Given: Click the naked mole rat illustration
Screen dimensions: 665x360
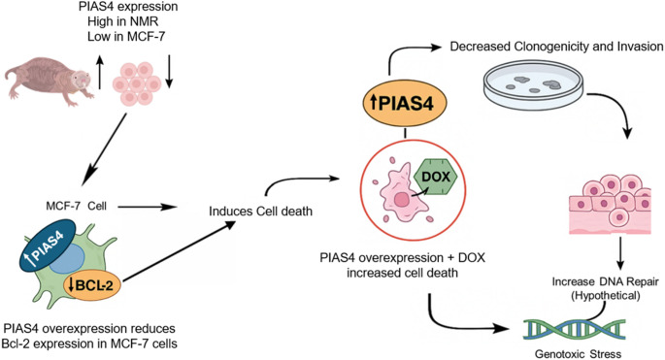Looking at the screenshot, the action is click(49, 81).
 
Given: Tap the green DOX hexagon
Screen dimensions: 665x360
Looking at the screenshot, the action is click(436, 177).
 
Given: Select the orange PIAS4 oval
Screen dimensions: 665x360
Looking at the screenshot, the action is click(405, 104).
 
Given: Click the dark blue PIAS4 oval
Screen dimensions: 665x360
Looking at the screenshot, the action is click(48, 245).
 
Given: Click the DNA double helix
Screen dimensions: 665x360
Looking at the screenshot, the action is click(574, 331).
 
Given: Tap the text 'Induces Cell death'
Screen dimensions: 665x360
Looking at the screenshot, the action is click(260, 211).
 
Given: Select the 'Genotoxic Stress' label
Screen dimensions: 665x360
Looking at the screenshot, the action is click(578, 353).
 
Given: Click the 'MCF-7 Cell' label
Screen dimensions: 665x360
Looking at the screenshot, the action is click(76, 206).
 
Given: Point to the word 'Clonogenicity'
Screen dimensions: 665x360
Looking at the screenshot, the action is click(551, 46).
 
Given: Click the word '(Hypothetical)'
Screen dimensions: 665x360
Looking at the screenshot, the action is click(605, 295).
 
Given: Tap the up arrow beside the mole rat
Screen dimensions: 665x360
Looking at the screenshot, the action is click(100, 72).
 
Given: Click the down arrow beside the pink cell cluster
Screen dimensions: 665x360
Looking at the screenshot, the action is click(169, 71).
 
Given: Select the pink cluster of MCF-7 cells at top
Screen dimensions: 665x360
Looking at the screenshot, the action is click(137, 83).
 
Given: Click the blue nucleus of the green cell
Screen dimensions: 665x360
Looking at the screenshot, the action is click(67, 259).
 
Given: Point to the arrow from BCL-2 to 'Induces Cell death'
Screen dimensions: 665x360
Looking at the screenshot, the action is click(179, 251).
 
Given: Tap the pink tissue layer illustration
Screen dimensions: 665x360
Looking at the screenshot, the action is click(611, 204).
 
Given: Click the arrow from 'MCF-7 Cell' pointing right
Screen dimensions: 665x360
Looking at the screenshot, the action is click(148, 207).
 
